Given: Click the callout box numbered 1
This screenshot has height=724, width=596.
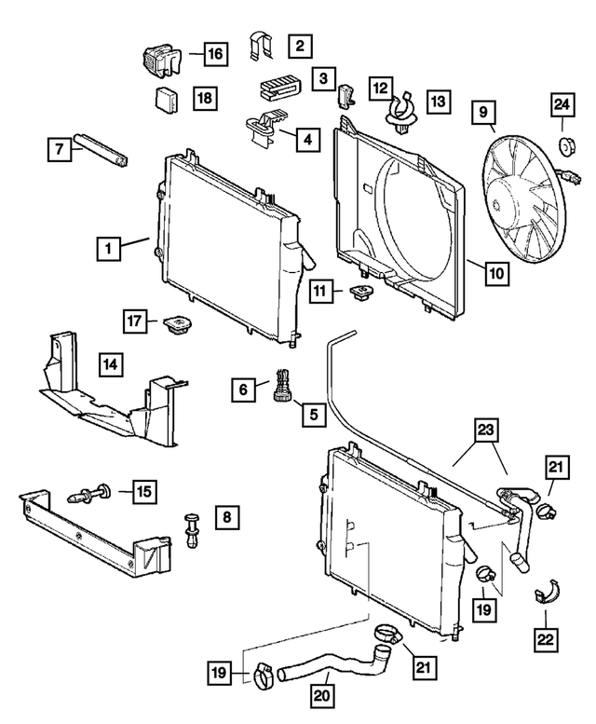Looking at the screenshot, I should coord(108,248).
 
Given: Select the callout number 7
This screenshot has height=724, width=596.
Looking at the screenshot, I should coord(58,147).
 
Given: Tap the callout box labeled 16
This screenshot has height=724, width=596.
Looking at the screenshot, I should coord(214,55).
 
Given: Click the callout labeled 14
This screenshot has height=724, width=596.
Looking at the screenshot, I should coord(110,364).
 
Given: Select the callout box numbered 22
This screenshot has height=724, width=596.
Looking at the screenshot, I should coord(546,639).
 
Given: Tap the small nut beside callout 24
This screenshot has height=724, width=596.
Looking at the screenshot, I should coord(564,146).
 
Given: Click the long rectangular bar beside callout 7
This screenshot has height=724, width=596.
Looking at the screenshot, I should coord(104,149).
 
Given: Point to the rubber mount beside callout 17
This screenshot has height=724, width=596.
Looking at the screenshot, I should coord(176,326).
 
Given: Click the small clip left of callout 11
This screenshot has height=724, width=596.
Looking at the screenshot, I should coord(359,294).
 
